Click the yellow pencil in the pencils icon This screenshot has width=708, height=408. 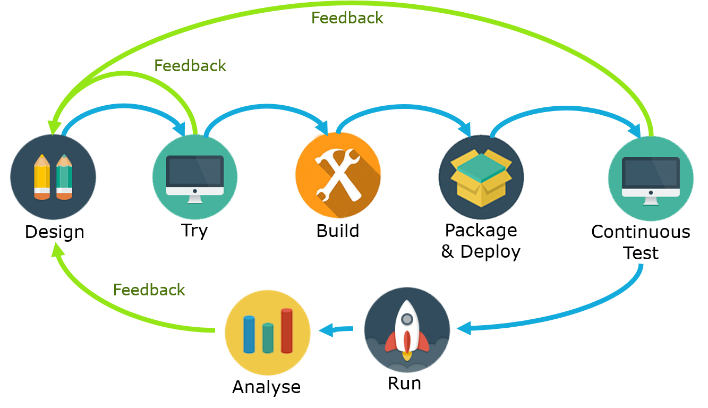pyautogui.click(x=42, y=177)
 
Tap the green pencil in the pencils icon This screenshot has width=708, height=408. pyautogui.click(x=64, y=177)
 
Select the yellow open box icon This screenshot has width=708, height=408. pyautogui.click(x=481, y=178)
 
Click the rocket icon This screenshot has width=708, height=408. pyautogui.click(x=407, y=329)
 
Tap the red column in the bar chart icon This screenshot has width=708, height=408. pyautogui.click(x=287, y=330)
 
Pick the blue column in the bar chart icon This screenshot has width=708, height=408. pyautogui.click(x=249, y=334)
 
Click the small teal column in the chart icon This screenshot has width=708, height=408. pyautogui.click(x=268, y=338)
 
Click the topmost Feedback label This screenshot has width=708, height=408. pyautogui.click(x=347, y=18)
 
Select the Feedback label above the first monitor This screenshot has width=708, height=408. pyautogui.click(x=190, y=66)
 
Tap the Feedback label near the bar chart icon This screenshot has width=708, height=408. pyautogui.click(x=149, y=290)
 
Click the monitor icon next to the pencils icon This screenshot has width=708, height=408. pyautogui.click(x=195, y=177)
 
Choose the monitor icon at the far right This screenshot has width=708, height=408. pyautogui.click(x=651, y=178)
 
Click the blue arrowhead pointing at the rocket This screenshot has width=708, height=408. pyautogui.click(x=463, y=329)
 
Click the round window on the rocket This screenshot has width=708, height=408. pyautogui.click(x=407, y=319)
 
